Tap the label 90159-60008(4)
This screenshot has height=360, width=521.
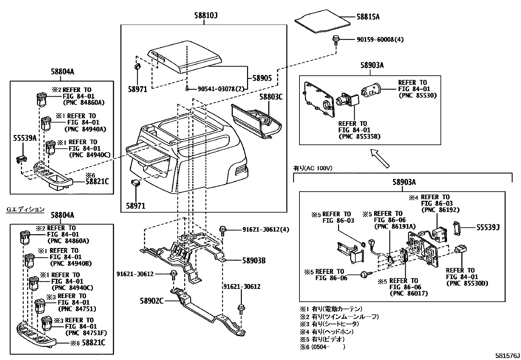[x=380, y=40]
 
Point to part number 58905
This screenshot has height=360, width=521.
[x=262, y=78]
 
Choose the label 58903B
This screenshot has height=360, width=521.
[x=254, y=261]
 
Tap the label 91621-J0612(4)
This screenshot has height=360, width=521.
[x=266, y=229]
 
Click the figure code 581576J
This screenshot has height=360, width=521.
[x=507, y=355]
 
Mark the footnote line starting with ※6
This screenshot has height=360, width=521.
[x=322, y=347]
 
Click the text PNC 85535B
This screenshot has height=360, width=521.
[x=359, y=136]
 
